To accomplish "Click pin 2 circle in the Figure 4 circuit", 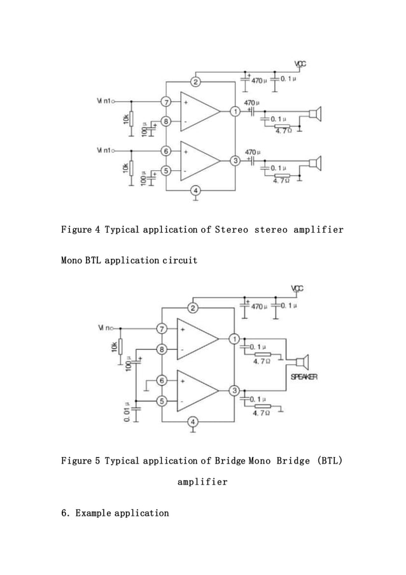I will click(x=197, y=82).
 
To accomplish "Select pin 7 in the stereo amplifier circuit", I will click(x=166, y=102).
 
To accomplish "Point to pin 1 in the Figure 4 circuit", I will click(x=235, y=112).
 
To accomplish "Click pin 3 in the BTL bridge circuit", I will click(x=235, y=390).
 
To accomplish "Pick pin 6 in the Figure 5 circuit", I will click(x=162, y=381).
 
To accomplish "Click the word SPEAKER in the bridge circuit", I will click(x=304, y=377).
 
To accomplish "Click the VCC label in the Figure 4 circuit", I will click(x=300, y=64).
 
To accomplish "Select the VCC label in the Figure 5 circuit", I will click(x=297, y=288).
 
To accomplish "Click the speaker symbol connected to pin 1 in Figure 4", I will click(x=315, y=115).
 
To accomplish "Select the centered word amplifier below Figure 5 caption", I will click(x=202, y=482).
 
